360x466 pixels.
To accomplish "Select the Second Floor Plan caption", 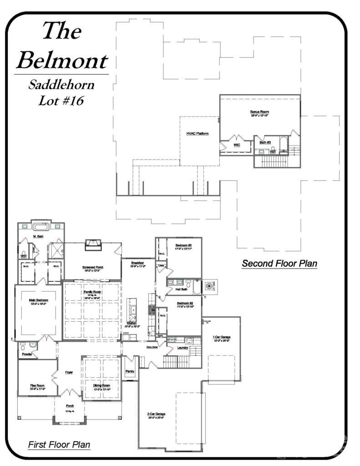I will click(279, 263).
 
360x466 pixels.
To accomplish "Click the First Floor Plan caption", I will click(59, 444).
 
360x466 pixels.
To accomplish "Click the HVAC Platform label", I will click(197, 134).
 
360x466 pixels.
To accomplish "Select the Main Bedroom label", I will click(39, 300).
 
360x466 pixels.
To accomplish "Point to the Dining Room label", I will click(102, 385).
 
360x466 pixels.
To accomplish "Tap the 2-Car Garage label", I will click(156, 414).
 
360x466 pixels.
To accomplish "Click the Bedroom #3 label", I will click(184, 246).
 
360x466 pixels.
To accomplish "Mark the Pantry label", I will click(131, 372).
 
